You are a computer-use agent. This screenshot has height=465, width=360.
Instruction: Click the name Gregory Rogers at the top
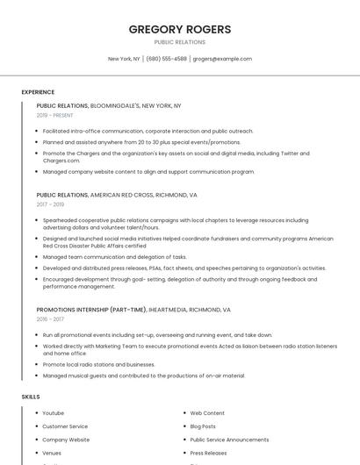pyautogui.click(x=180, y=29)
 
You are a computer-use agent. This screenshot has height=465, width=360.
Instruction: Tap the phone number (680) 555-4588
pyautogui.click(x=166, y=59)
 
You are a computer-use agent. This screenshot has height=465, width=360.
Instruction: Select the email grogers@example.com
pyautogui.click(x=222, y=59)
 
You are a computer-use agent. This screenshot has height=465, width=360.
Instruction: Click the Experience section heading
pyautogui.click(x=38, y=92)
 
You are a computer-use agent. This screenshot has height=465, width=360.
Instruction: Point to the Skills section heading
pyautogui.click(x=31, y=397)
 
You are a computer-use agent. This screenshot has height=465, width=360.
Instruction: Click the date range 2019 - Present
pyautogui.click(x=55, y=115)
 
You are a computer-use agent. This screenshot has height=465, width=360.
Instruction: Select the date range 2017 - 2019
pyautogui.click(x=50, y=204)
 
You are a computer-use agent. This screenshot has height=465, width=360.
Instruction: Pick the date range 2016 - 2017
pyautogui.click(x=50, y=319)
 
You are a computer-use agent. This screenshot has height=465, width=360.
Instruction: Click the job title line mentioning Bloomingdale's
pyautogui.click(x=108, y=105)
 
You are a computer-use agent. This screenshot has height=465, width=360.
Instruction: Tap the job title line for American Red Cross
pyautogui.click(x=117, y=195)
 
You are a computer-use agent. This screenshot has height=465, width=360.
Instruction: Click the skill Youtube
pyautogui.click(x=53, y=412)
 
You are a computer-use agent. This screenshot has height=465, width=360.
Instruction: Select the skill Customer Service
pyautogui.click(x=65, y=426)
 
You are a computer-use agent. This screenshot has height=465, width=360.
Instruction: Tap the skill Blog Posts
pyautogui.click(x=203, y=426)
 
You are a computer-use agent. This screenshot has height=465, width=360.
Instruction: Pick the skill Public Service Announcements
pyautogui.click(x=229, y=440)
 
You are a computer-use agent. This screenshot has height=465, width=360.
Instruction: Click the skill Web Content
pyautogui.click(x=207, y=412)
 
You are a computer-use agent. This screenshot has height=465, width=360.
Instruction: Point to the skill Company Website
pyautogui.click(x=66, y=440)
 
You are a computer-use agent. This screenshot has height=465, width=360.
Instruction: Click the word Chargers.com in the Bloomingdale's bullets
pyautogui.click(x=61, y=161)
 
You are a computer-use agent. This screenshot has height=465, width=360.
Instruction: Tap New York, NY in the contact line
pyautogui.click(x=124, y=59)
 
